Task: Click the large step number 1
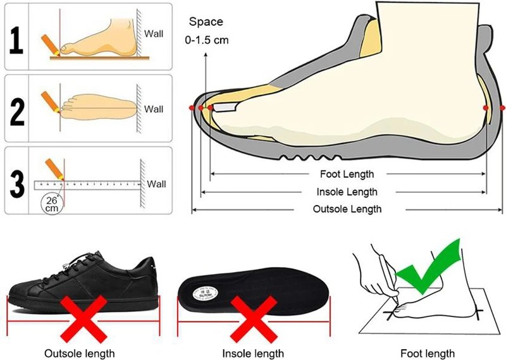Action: pyautogui.click(x=16, y=39)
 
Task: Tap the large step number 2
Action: pyautogui.click(x=18, y=110)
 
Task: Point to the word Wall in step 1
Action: pyautogui.click(x=154, y=34)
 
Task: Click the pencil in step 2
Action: pyautogui.click(x=50, y=101)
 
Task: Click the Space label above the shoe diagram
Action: pyautogui.click(x=206, y=22)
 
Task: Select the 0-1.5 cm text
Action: pyautogui.click(x=207, y=40)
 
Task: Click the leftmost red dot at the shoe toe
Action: pyautogui.click(x=192, y=109)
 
